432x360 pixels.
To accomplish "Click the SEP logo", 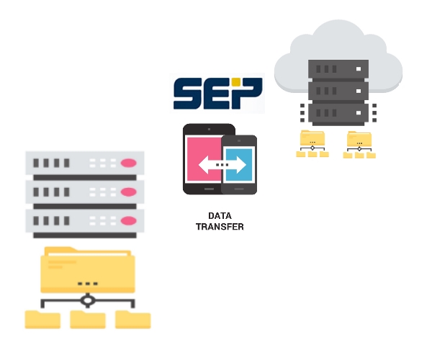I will click(x=217, y=94).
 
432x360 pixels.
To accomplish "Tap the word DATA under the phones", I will click(x=220, y=216).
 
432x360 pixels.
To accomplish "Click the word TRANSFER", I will click(x=220, y=227).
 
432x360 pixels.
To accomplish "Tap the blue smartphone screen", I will click(x=239, y=165).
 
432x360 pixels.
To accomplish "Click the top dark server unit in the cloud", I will click(x=338, y=70).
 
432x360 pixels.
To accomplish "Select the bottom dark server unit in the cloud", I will click(x=338, y=113).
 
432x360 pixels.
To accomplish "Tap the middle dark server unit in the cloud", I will click(x=338, y=91).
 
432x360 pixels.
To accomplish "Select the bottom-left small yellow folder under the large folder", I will click(x=42, y=319).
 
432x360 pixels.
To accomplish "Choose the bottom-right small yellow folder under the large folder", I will click(x=133, y=319).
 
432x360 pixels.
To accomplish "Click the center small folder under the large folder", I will click(x=88, y=319).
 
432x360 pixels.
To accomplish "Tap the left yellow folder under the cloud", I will click(x=312, y=138).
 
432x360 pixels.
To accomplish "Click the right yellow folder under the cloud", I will click(x=359, y=138).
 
